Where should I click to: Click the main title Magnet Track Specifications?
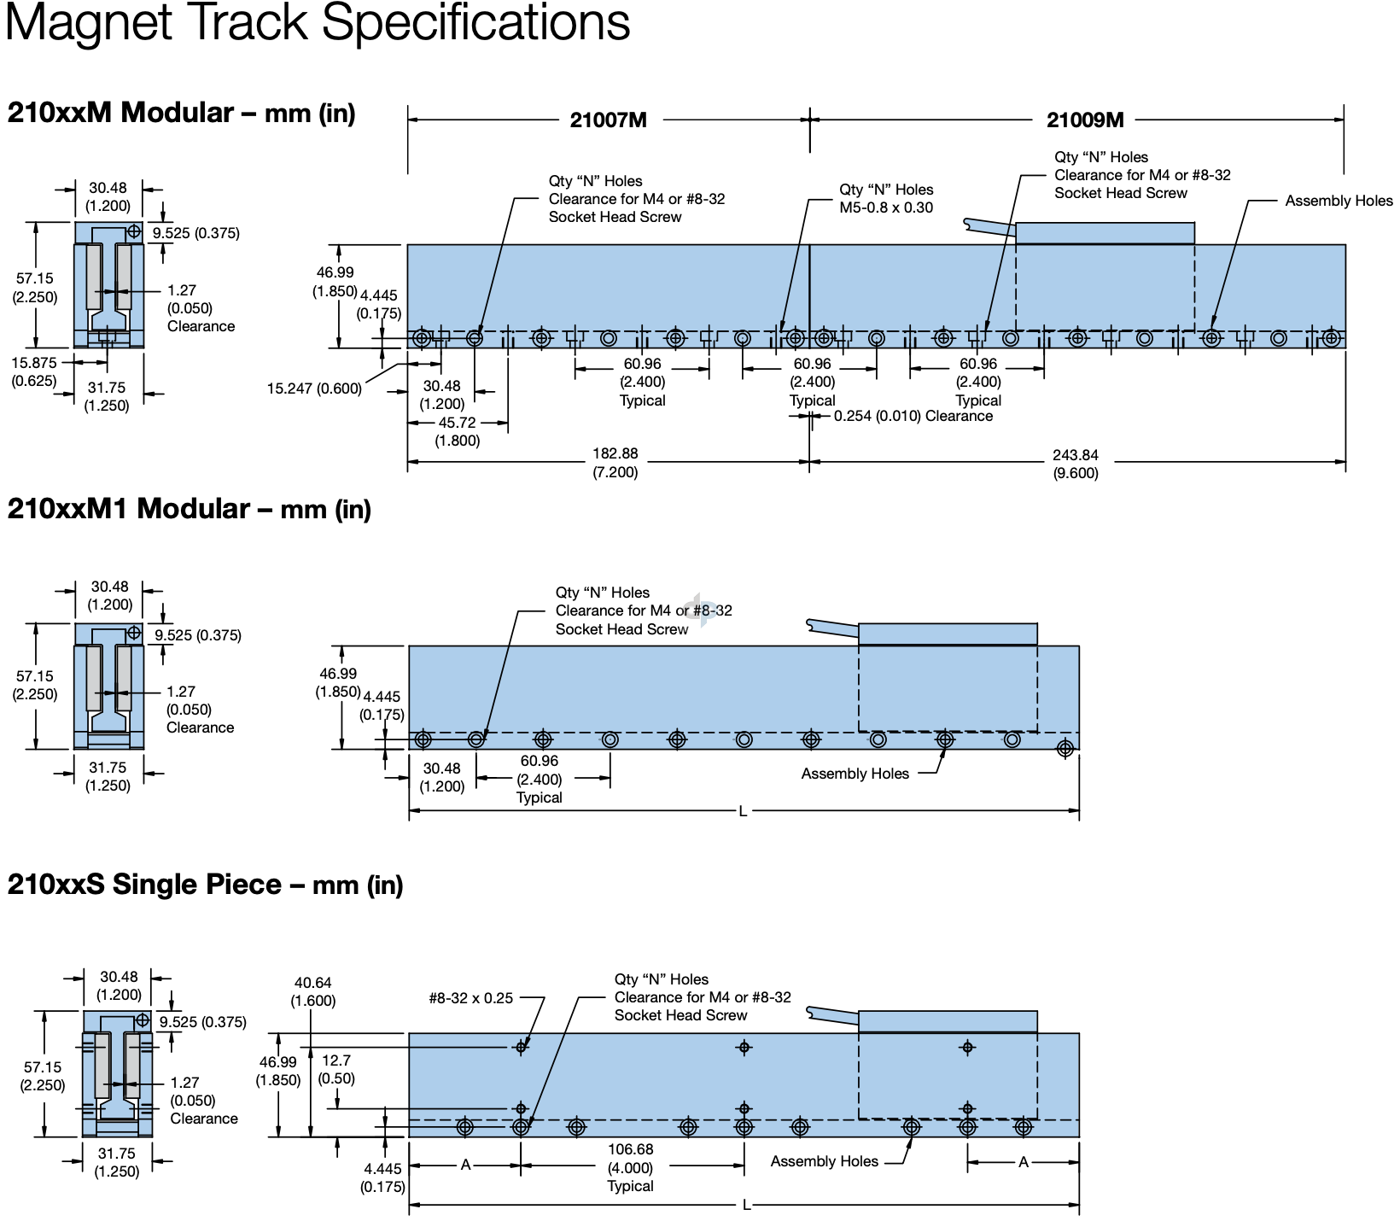(318, 22)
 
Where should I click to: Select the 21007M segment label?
(608, 120)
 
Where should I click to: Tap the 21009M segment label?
(1085, 120)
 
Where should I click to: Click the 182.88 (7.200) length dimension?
(615, 463)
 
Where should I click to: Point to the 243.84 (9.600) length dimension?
(1075, 464)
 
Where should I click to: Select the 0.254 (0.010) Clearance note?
(913, 417)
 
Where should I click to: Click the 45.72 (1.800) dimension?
(458, 431)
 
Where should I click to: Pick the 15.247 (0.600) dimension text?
(314, 389)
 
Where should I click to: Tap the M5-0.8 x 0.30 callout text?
(885, 207)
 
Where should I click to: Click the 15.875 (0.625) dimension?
(34, 371)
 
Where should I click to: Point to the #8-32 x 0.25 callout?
(470, 998)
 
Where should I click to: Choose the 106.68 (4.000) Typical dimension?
(630, 1167)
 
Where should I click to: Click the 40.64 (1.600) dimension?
(312, 991)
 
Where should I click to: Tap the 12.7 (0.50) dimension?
(336, 1069)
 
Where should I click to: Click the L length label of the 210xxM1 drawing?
(743, 811)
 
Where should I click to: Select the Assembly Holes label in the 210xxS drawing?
(824, 1161)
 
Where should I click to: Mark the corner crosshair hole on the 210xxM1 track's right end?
(1065, 749)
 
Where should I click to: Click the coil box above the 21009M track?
(1105, 233)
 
